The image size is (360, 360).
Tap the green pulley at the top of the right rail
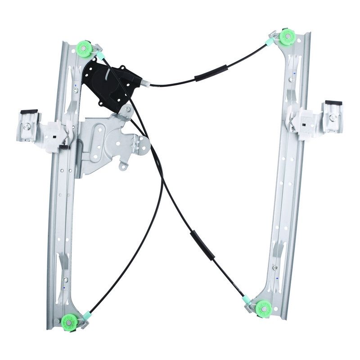287,37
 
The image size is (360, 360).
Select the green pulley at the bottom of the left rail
69,322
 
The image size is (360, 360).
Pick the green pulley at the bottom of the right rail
263,308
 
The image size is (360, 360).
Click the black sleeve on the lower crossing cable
202,245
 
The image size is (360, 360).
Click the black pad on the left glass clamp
29,112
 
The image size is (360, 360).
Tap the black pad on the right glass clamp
333,103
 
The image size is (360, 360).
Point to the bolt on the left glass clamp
28,127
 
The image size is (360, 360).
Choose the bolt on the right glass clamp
333,117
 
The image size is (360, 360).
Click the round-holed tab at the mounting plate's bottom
123,166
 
